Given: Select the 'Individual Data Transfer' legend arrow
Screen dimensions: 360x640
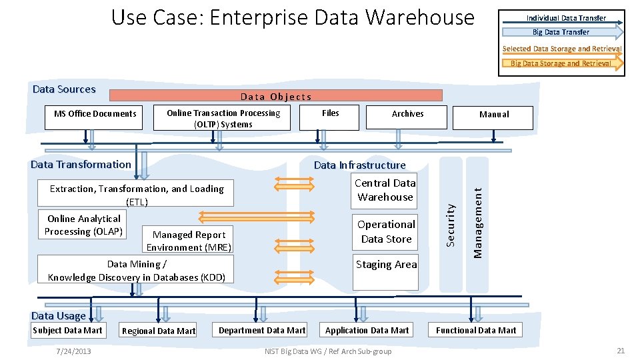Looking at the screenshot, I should point(566,18).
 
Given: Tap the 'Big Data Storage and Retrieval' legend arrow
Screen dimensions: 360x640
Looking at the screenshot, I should point(561,63).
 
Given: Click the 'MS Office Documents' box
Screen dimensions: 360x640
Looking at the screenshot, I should point(95,114).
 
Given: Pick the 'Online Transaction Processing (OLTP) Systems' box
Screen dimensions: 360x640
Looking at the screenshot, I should point(223,118).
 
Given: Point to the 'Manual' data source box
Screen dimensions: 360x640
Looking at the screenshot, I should point(493,117).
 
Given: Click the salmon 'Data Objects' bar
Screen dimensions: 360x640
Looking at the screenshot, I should point(275,96).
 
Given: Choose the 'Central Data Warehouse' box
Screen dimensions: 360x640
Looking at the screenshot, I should point(385,190).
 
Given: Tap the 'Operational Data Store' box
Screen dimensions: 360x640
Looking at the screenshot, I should point(386,231).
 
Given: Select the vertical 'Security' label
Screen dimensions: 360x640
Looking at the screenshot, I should point(451,224).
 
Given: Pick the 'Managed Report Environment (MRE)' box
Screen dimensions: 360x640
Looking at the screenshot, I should point(189,241).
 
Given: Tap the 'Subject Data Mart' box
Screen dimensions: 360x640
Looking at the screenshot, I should point(67,330).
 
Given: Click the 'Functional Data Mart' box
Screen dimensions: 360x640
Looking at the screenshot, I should point(476,330).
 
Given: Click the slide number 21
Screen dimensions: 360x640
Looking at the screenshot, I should point(620,351).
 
